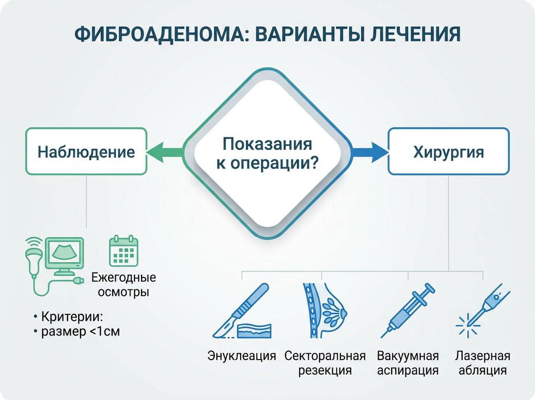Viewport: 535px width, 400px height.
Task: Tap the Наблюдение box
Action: tap(86, 151)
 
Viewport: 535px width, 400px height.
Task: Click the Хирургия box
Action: tap(448, 151)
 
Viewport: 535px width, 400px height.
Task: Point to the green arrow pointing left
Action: tap(164, 151)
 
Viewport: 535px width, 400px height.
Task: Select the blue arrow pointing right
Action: tap(370, 151)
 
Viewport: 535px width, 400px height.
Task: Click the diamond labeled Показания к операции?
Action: tap(267, 154)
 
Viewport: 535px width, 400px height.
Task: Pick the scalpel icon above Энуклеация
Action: tap(242, 312)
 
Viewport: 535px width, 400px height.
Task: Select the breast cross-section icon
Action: tap(324, 310)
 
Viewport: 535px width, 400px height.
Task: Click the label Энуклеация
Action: tap(242, 356)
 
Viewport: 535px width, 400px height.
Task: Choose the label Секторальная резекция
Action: tap(325, 363)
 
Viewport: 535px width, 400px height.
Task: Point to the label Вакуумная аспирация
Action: tap(408, 363)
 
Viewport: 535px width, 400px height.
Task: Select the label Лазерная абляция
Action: tap(483, 363)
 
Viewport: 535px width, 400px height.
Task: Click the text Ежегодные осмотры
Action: tap(124, 285)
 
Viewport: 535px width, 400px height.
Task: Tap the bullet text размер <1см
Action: tap(80, 331)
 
